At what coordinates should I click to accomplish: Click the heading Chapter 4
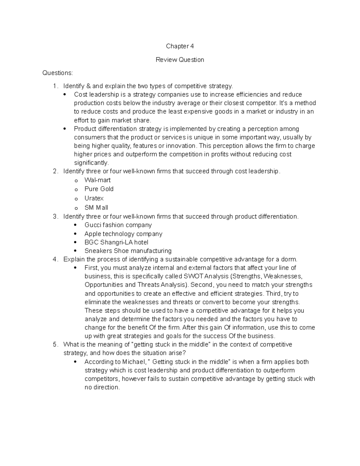(x=180, y=46)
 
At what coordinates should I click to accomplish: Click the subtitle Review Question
(x=180, y=60)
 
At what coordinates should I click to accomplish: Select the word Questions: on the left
(x=57, y=73)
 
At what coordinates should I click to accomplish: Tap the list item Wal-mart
(x=97, y=180)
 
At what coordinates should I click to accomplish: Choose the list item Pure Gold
(x=99, y=189)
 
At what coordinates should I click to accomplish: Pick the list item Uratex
(x=94, y=198)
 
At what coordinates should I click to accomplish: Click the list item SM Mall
(x=96, y=208)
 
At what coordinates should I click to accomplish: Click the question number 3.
(x=54, y=217)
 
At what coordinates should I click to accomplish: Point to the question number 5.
(x=54, y=344)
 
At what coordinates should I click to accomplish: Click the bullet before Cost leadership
(x=64, y=95)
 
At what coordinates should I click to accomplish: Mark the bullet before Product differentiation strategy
(x=64, y=129)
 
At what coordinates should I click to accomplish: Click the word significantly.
(x=91, y=163)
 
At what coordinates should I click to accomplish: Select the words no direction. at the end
(x=102, y=387)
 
